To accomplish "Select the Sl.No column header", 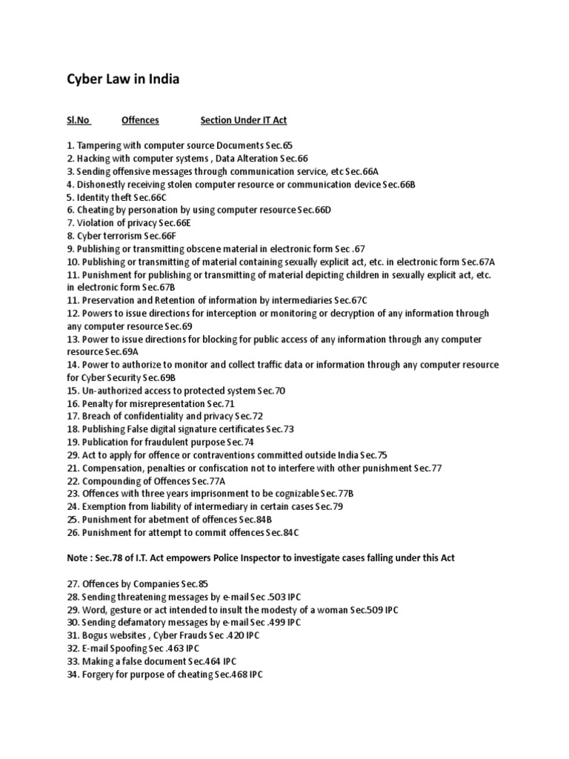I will tap(78, 119).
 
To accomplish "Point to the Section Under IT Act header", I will tap(244, 119).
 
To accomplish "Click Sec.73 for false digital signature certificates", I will tap(279, 429).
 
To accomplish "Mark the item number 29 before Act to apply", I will tap(73, 455).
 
